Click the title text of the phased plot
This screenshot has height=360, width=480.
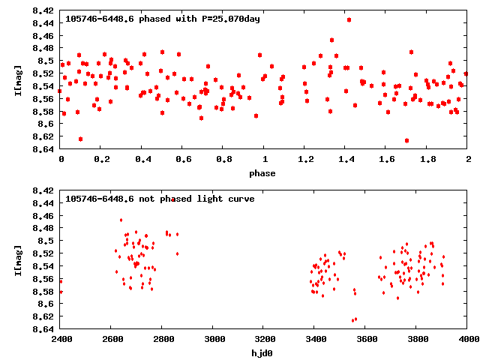[163, 19]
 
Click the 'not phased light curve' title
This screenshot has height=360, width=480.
[160, 199]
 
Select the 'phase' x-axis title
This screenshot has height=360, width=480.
[262, 173]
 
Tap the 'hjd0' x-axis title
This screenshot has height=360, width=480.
[262, 353]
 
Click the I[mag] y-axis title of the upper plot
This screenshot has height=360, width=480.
[17, 80]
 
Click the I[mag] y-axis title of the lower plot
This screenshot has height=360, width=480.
[17, 260]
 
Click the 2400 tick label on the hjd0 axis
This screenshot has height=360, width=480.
[61, 340]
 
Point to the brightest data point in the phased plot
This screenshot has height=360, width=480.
[349, 19]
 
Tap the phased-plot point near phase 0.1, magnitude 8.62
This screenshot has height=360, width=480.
[80, 139]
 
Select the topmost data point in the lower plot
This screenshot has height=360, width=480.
[173, 199]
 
